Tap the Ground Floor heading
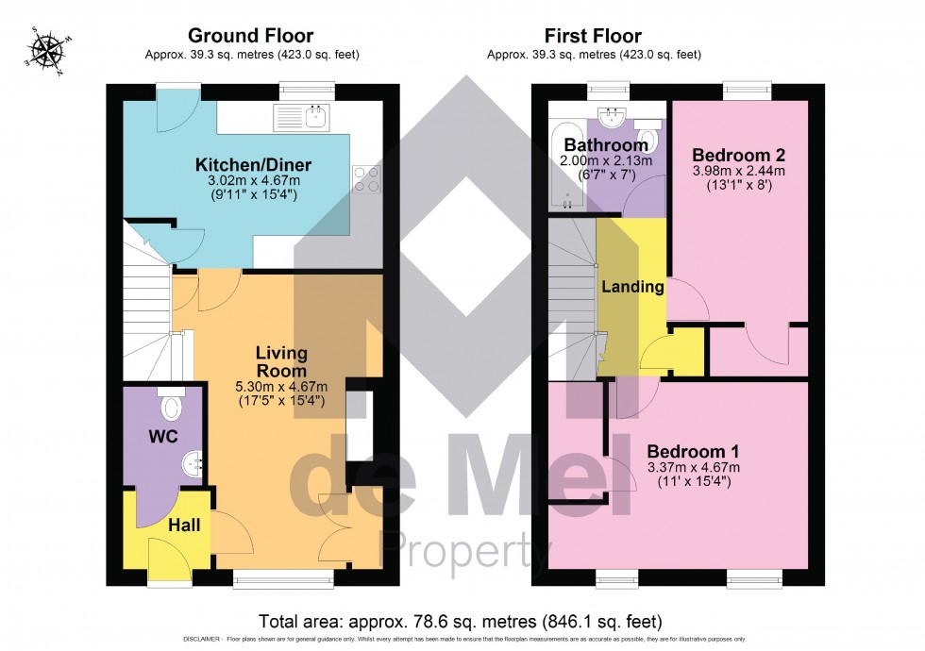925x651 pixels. coord(251,37)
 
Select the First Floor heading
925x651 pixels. coord(594,37)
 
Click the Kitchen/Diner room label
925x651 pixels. coord(253,165)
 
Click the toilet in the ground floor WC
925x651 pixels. coord(172,406)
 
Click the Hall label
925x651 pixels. coord(184,525)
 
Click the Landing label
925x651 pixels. coord(632,287)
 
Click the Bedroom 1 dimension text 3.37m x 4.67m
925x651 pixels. coord(693,467)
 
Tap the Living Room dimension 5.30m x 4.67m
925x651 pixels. coord(281,386)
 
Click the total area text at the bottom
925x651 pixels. coord(461,622)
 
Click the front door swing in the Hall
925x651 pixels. coord(167,558)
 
